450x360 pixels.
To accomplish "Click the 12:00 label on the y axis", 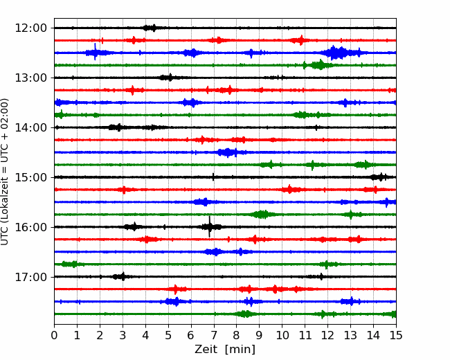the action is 30,28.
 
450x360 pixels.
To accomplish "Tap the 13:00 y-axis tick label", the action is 30,78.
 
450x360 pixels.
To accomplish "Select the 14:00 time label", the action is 30,127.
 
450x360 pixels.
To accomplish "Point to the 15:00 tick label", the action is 30,177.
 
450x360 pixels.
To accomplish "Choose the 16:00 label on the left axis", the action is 30,227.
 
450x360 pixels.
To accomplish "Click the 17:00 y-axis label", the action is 30,277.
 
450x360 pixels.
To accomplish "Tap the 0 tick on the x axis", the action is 54,335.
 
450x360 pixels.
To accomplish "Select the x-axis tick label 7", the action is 214,335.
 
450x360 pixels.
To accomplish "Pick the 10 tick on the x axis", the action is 282,335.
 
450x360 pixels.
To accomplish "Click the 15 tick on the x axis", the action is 396,335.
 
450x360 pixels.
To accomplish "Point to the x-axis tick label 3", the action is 123,335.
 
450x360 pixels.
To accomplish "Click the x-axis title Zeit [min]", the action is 225,350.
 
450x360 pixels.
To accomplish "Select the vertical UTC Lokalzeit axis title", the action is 5,172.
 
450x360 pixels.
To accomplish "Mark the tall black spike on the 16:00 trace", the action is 210,226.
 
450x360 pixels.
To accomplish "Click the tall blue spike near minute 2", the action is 95,52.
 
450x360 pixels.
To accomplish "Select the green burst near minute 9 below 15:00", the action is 262,215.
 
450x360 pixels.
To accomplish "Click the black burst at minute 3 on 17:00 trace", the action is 120,277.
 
